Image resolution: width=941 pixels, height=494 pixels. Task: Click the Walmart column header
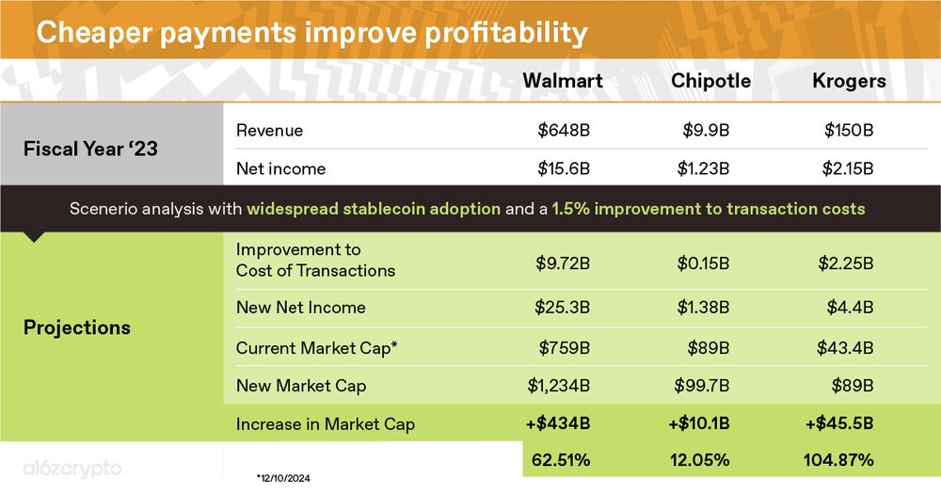point(563,80)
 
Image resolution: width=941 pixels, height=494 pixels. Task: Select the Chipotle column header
point(710,81)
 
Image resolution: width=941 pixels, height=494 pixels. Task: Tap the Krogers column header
point(849,81)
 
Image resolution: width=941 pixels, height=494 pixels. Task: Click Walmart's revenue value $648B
point(564,130)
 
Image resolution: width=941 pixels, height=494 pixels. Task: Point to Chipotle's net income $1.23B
point(703,168)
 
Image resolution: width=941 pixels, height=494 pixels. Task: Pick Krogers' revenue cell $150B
point(849,130)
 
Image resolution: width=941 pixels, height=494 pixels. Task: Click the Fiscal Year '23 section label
point(90,149)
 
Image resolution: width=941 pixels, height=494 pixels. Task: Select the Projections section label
point(77,327)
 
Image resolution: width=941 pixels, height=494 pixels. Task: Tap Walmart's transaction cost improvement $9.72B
point(563,263)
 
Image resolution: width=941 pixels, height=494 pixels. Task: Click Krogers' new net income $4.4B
point(850,308)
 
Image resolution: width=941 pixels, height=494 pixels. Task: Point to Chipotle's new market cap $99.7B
point(702,386)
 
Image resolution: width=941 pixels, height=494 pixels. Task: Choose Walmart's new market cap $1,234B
point(559,386)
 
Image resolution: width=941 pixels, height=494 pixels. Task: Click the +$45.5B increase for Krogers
point(839,423)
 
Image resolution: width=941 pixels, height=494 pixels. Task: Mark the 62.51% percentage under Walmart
point(561,460)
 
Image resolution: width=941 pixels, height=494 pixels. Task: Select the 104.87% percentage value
point(838,460)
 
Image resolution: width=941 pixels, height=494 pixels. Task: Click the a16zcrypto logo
point(72,469)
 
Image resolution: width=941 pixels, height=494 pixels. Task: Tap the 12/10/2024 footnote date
point(283,478)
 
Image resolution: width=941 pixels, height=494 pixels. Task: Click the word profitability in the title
point(506,33)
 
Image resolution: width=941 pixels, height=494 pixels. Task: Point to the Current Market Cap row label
point(316,348)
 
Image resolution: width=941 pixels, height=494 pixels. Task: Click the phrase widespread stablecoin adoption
point(374,209)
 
